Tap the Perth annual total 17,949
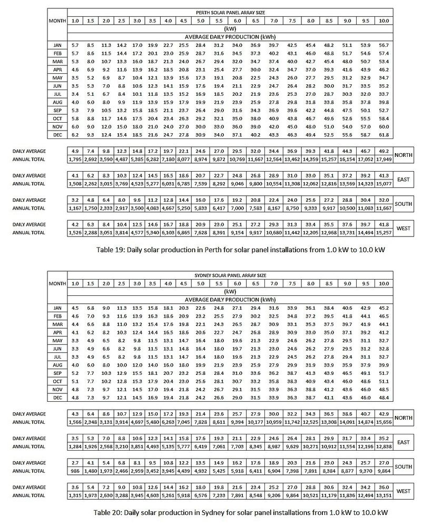click(383, 158)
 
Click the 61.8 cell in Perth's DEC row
click(383, 135)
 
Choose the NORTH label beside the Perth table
click(404, 155)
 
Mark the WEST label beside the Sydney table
click(404, 491)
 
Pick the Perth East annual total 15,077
click(383, 184)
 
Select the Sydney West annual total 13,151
click(383, 497)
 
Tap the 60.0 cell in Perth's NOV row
click(383, 127)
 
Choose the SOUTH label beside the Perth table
click(404, 204)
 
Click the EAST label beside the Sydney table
click(404, 442)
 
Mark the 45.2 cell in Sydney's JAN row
click(383, 307)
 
